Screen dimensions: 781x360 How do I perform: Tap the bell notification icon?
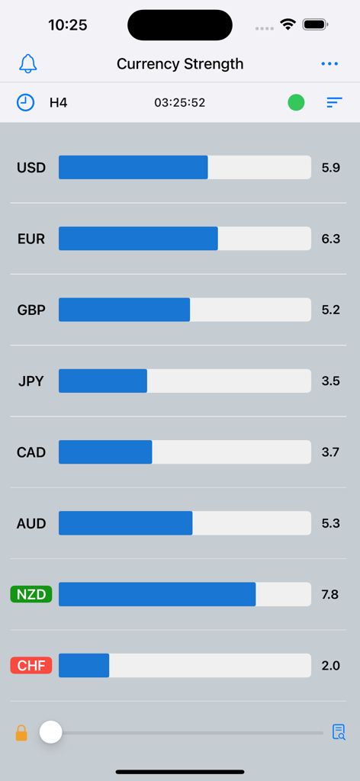tap(28, 64)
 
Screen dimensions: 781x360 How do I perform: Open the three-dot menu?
tap(329, 64)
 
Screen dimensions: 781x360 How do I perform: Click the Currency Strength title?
tap(180, 64)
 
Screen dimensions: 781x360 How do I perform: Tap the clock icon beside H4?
tap(26, 102)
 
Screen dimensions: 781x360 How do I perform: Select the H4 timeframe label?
tap(59, 102)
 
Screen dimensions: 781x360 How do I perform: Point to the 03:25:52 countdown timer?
tap(180, 102)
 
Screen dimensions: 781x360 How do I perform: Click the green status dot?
tap(296, 102)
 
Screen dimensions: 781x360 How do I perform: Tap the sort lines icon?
tap(334, 102)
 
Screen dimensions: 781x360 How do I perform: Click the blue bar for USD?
tap(133, 168)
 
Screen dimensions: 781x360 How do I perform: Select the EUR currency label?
tap(31, 239)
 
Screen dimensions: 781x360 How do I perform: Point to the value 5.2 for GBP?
tap(330, 310)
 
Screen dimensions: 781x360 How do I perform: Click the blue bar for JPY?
tap(103, 381)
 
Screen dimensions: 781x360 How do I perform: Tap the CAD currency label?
tap(31, 452)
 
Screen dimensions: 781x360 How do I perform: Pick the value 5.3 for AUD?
tap(330, 523)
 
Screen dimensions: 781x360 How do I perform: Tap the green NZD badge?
tap(31, 594)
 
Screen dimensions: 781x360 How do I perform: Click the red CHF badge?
tap(31, 666)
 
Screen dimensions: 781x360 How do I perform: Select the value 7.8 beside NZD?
tap(330, 594)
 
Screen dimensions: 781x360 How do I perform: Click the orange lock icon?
tap(21, 733)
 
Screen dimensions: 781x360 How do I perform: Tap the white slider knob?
tap(50, 732)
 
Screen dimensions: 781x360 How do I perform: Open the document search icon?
tap(339, 732)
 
